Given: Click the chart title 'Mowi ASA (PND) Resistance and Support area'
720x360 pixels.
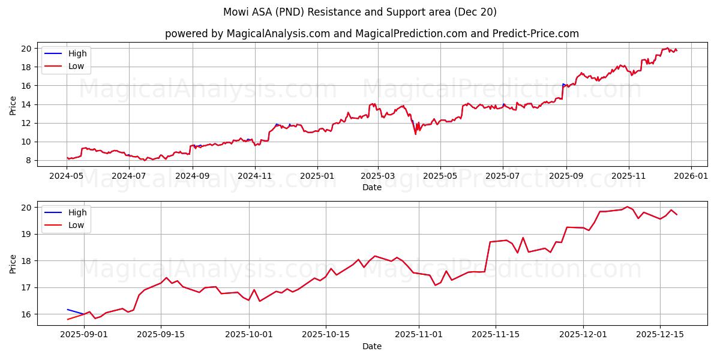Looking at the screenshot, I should tap(359, 12).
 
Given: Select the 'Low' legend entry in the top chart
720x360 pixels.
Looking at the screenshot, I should tap(76, 66).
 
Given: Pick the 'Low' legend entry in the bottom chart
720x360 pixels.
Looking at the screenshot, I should tap(76, 225).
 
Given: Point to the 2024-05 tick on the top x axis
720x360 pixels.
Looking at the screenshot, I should tap(67, 176).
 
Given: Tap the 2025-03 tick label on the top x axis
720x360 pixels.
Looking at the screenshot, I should tap(378, 176).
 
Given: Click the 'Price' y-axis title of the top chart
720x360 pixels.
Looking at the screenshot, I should tap(13, 105).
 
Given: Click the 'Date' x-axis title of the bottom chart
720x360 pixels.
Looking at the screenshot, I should tap(372, 346).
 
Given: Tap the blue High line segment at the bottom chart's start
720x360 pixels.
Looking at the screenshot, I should tap(74, 311).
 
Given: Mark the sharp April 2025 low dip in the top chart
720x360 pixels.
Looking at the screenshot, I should tap(415, 133).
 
